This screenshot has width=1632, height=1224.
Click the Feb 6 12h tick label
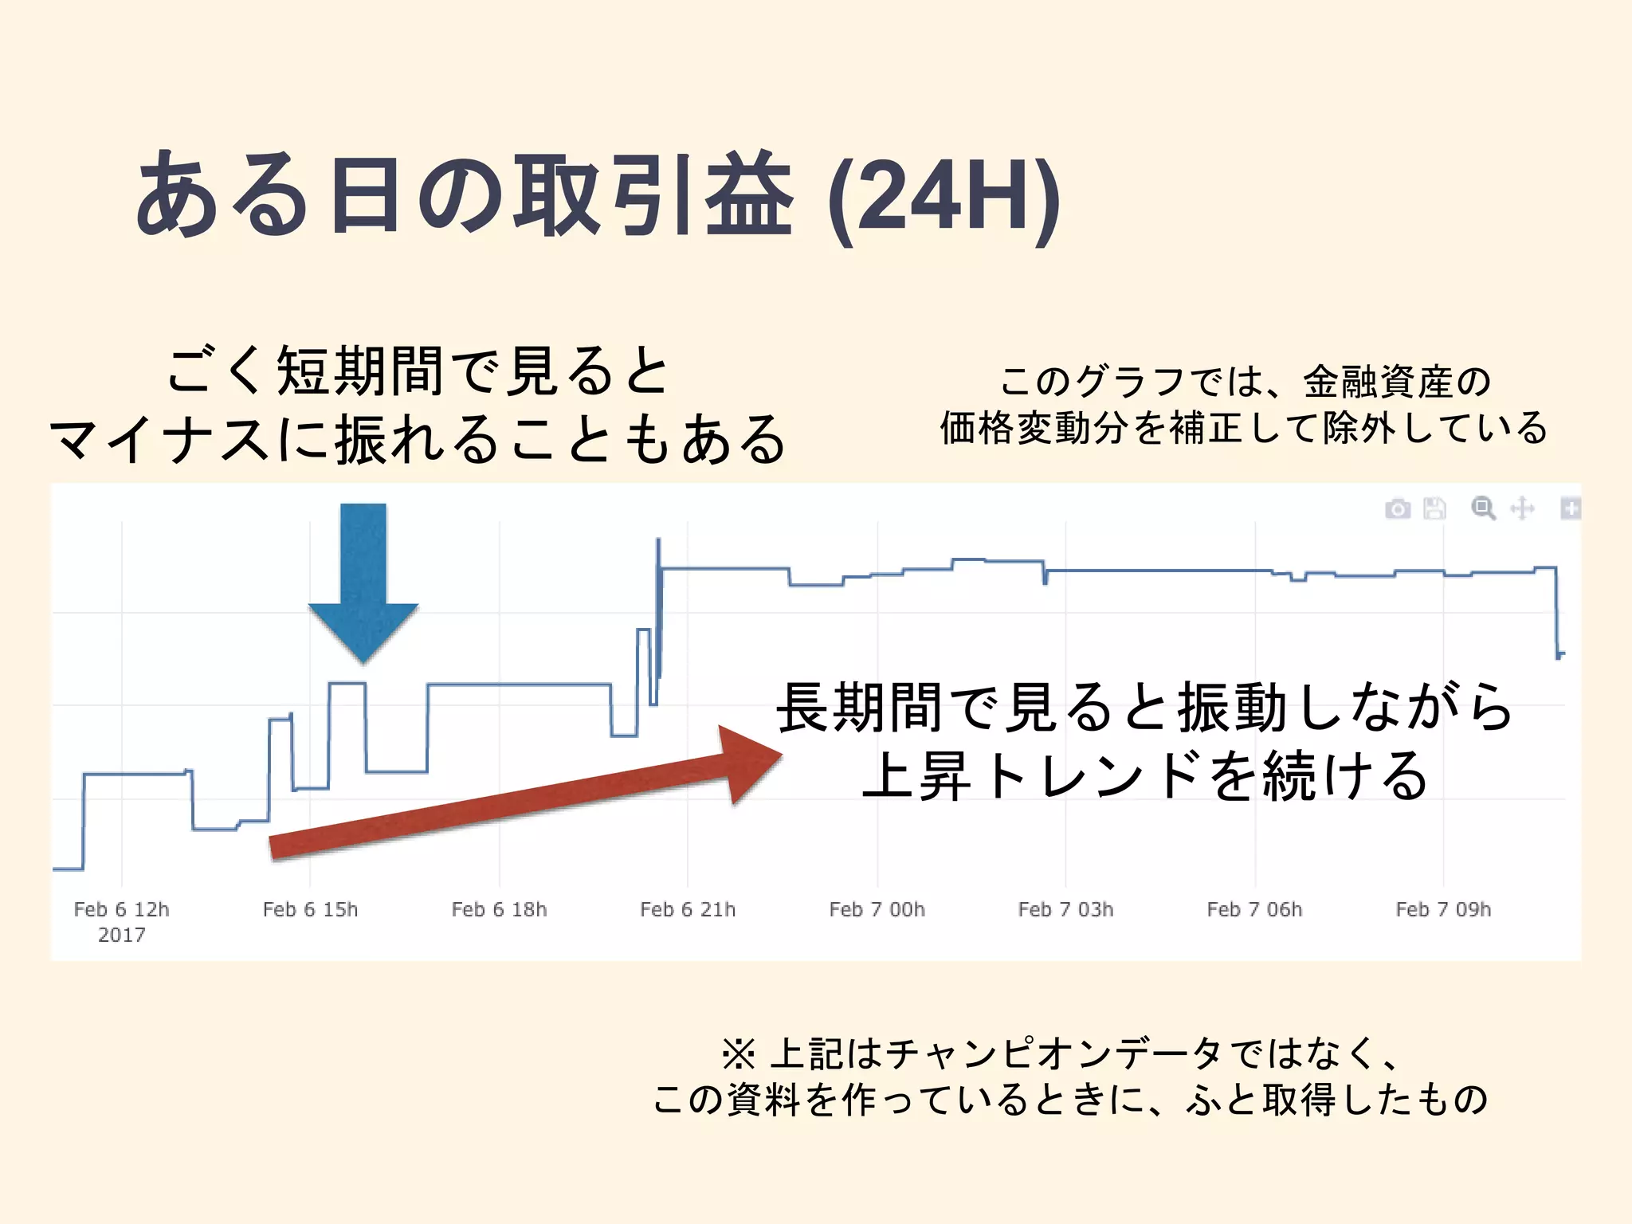(x=121, y=909)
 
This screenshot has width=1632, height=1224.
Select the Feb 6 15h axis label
(x=310, y=909)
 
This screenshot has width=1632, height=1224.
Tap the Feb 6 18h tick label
(x=499, y=909)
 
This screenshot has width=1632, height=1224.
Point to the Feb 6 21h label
(x=688, y=909)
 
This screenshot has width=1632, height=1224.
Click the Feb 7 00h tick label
(x=877, y=909)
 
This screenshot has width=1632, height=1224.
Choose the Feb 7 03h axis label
(x=1065, y=909)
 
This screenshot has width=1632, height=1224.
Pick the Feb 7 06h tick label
(x=1254, y=909)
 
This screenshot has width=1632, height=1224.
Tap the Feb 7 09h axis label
(x=1443, y=909)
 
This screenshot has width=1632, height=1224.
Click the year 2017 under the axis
(x=121, y=935)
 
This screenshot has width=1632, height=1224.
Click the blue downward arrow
(x=363, y=582)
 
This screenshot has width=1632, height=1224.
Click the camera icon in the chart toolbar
(x=1398, y=508)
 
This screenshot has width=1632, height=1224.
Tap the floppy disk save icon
(x=1434, y=508)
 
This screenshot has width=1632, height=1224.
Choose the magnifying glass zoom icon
(x=1483, y=508)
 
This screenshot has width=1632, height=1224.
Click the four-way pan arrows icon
(x=1522, y=508)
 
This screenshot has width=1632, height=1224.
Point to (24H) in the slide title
(x=944, y=197)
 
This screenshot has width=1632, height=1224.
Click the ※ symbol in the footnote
(x=738, y=1054)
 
